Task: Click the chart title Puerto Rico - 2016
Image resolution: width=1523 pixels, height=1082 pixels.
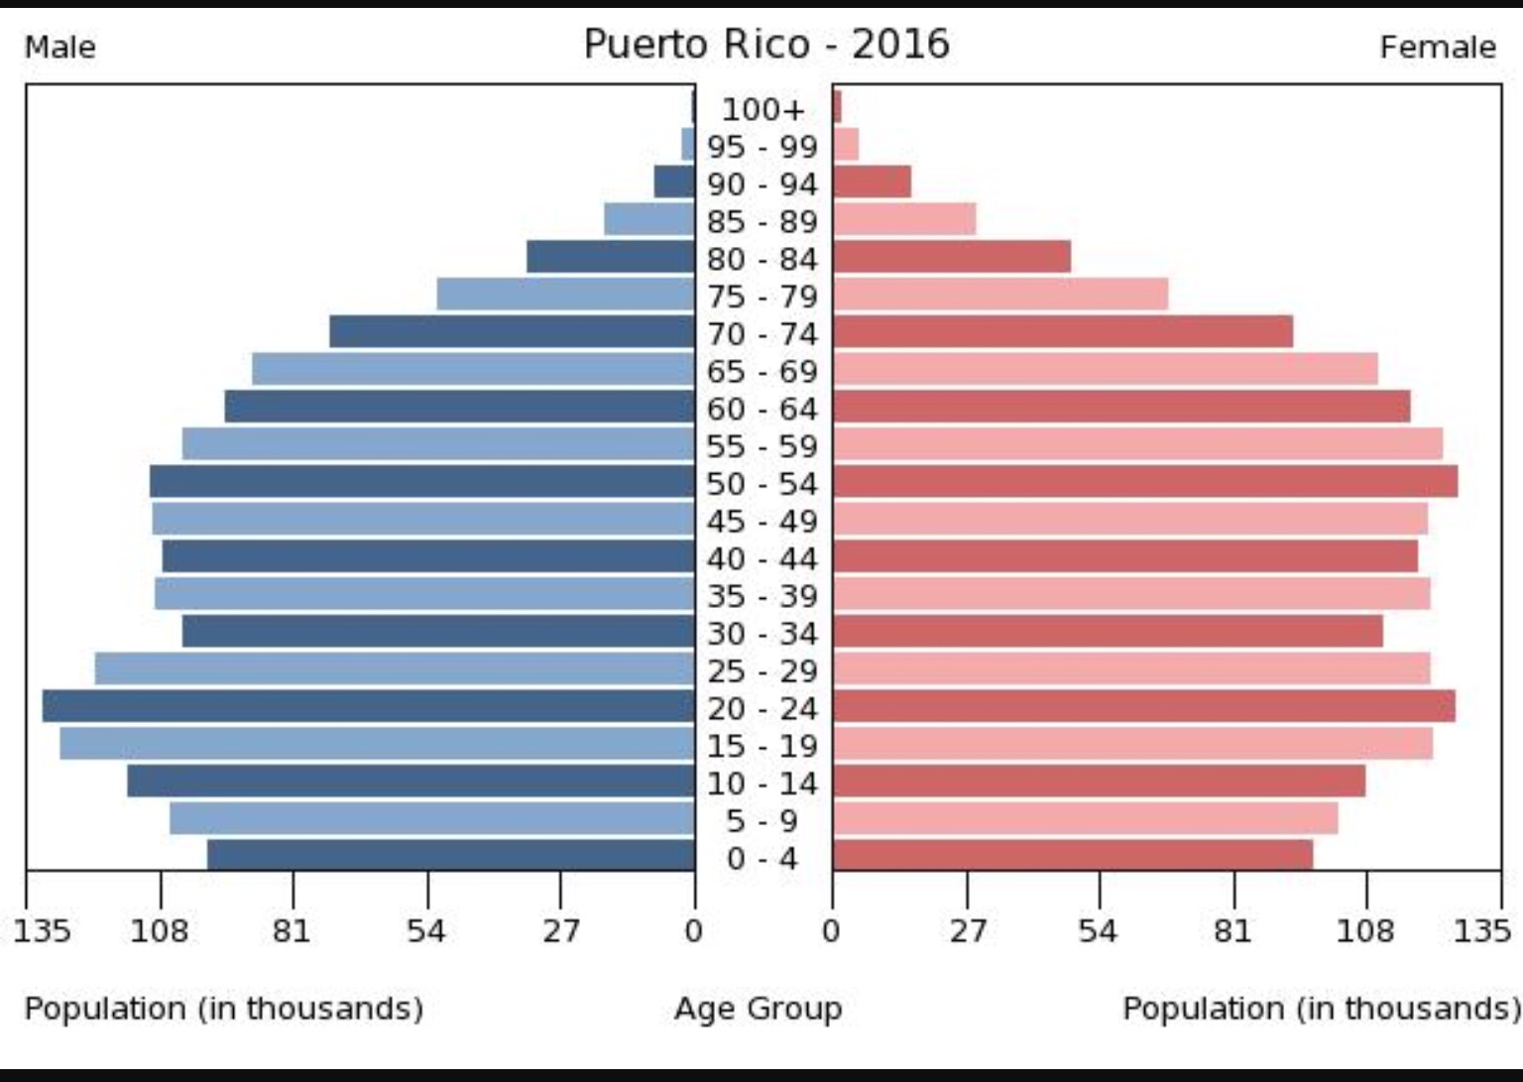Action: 765,45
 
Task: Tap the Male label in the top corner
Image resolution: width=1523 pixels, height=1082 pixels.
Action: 60,48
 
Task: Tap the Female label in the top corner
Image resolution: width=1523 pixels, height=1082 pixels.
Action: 1437,48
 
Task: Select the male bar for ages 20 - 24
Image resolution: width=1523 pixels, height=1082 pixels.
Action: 368,706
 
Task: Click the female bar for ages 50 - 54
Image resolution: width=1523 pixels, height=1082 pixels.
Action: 1145,482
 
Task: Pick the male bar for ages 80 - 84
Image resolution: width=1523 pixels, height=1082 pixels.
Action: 611,257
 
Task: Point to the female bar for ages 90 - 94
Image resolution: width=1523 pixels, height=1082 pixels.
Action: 872,182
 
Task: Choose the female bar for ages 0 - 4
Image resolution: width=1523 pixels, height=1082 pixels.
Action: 1073,855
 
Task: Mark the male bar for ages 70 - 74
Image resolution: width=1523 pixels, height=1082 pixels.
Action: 512,332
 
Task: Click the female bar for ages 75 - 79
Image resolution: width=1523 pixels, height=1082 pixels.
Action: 1000,295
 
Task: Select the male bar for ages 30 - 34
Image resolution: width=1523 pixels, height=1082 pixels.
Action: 438,632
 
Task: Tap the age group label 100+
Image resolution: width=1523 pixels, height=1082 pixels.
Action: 762,109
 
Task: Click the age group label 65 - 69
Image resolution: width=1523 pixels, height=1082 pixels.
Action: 762,371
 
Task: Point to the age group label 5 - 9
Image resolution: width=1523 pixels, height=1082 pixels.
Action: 762,821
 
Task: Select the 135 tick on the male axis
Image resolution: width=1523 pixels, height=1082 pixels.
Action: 42,930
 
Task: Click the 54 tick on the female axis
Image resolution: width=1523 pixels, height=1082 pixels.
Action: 1099,930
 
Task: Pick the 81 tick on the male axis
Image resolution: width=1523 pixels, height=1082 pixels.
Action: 293,930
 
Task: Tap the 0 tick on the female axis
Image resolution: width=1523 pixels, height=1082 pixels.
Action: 832,930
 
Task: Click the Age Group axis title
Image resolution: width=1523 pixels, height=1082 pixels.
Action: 759,1009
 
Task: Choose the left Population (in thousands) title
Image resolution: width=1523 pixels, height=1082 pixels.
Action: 224,1009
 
